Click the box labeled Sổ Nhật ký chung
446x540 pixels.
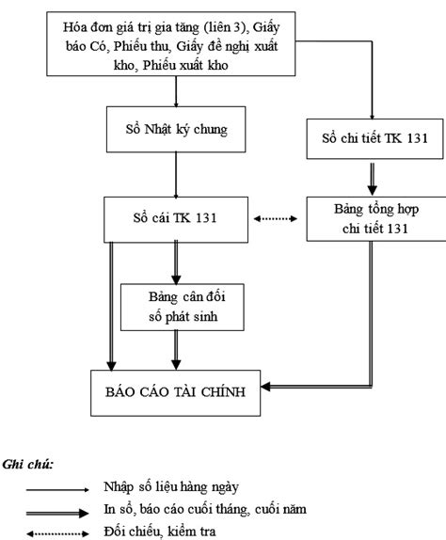(176, 129)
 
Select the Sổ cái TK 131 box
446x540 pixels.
(176, 219)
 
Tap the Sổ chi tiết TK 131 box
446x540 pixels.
(374, 139)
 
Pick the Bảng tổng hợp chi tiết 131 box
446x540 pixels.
(376, 218)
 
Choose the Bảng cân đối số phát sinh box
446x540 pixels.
(183, 308)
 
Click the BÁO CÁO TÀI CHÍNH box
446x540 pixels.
(176, 393)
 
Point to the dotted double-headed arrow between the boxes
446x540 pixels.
(276, 218)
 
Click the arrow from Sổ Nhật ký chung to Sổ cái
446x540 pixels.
(176, 175)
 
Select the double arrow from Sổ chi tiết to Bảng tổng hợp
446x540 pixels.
(372, 179)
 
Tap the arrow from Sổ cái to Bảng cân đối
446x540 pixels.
(176, 262)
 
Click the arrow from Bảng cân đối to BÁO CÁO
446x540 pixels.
(176, 350)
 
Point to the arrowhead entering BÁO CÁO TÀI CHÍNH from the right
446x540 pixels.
(265, 387)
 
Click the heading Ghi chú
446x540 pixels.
(28, 465)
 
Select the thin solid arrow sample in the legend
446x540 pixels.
(57, 489)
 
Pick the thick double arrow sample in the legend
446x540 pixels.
(57, 513)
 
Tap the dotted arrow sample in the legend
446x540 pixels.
(57, 533)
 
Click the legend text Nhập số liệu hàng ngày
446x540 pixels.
(171, 487)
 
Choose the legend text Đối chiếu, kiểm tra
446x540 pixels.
(160, 532)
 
